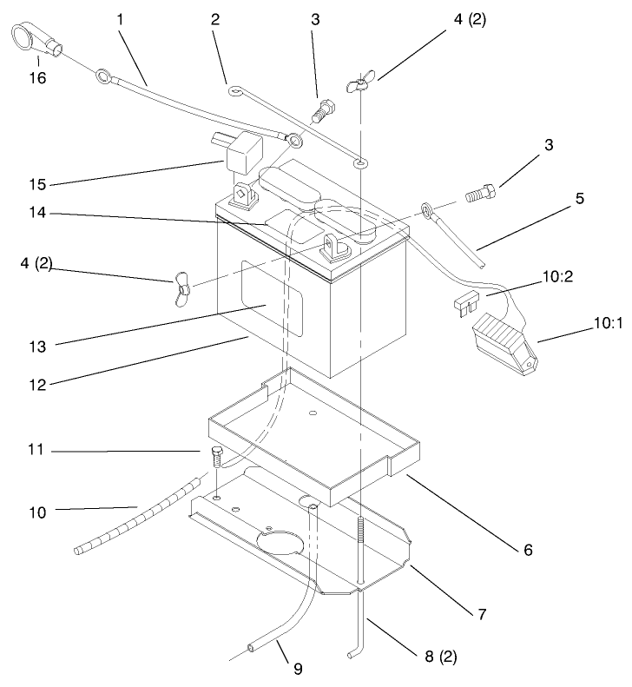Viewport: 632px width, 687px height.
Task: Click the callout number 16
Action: point(39,78)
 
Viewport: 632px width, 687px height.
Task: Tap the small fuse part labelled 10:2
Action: point(465,301)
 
